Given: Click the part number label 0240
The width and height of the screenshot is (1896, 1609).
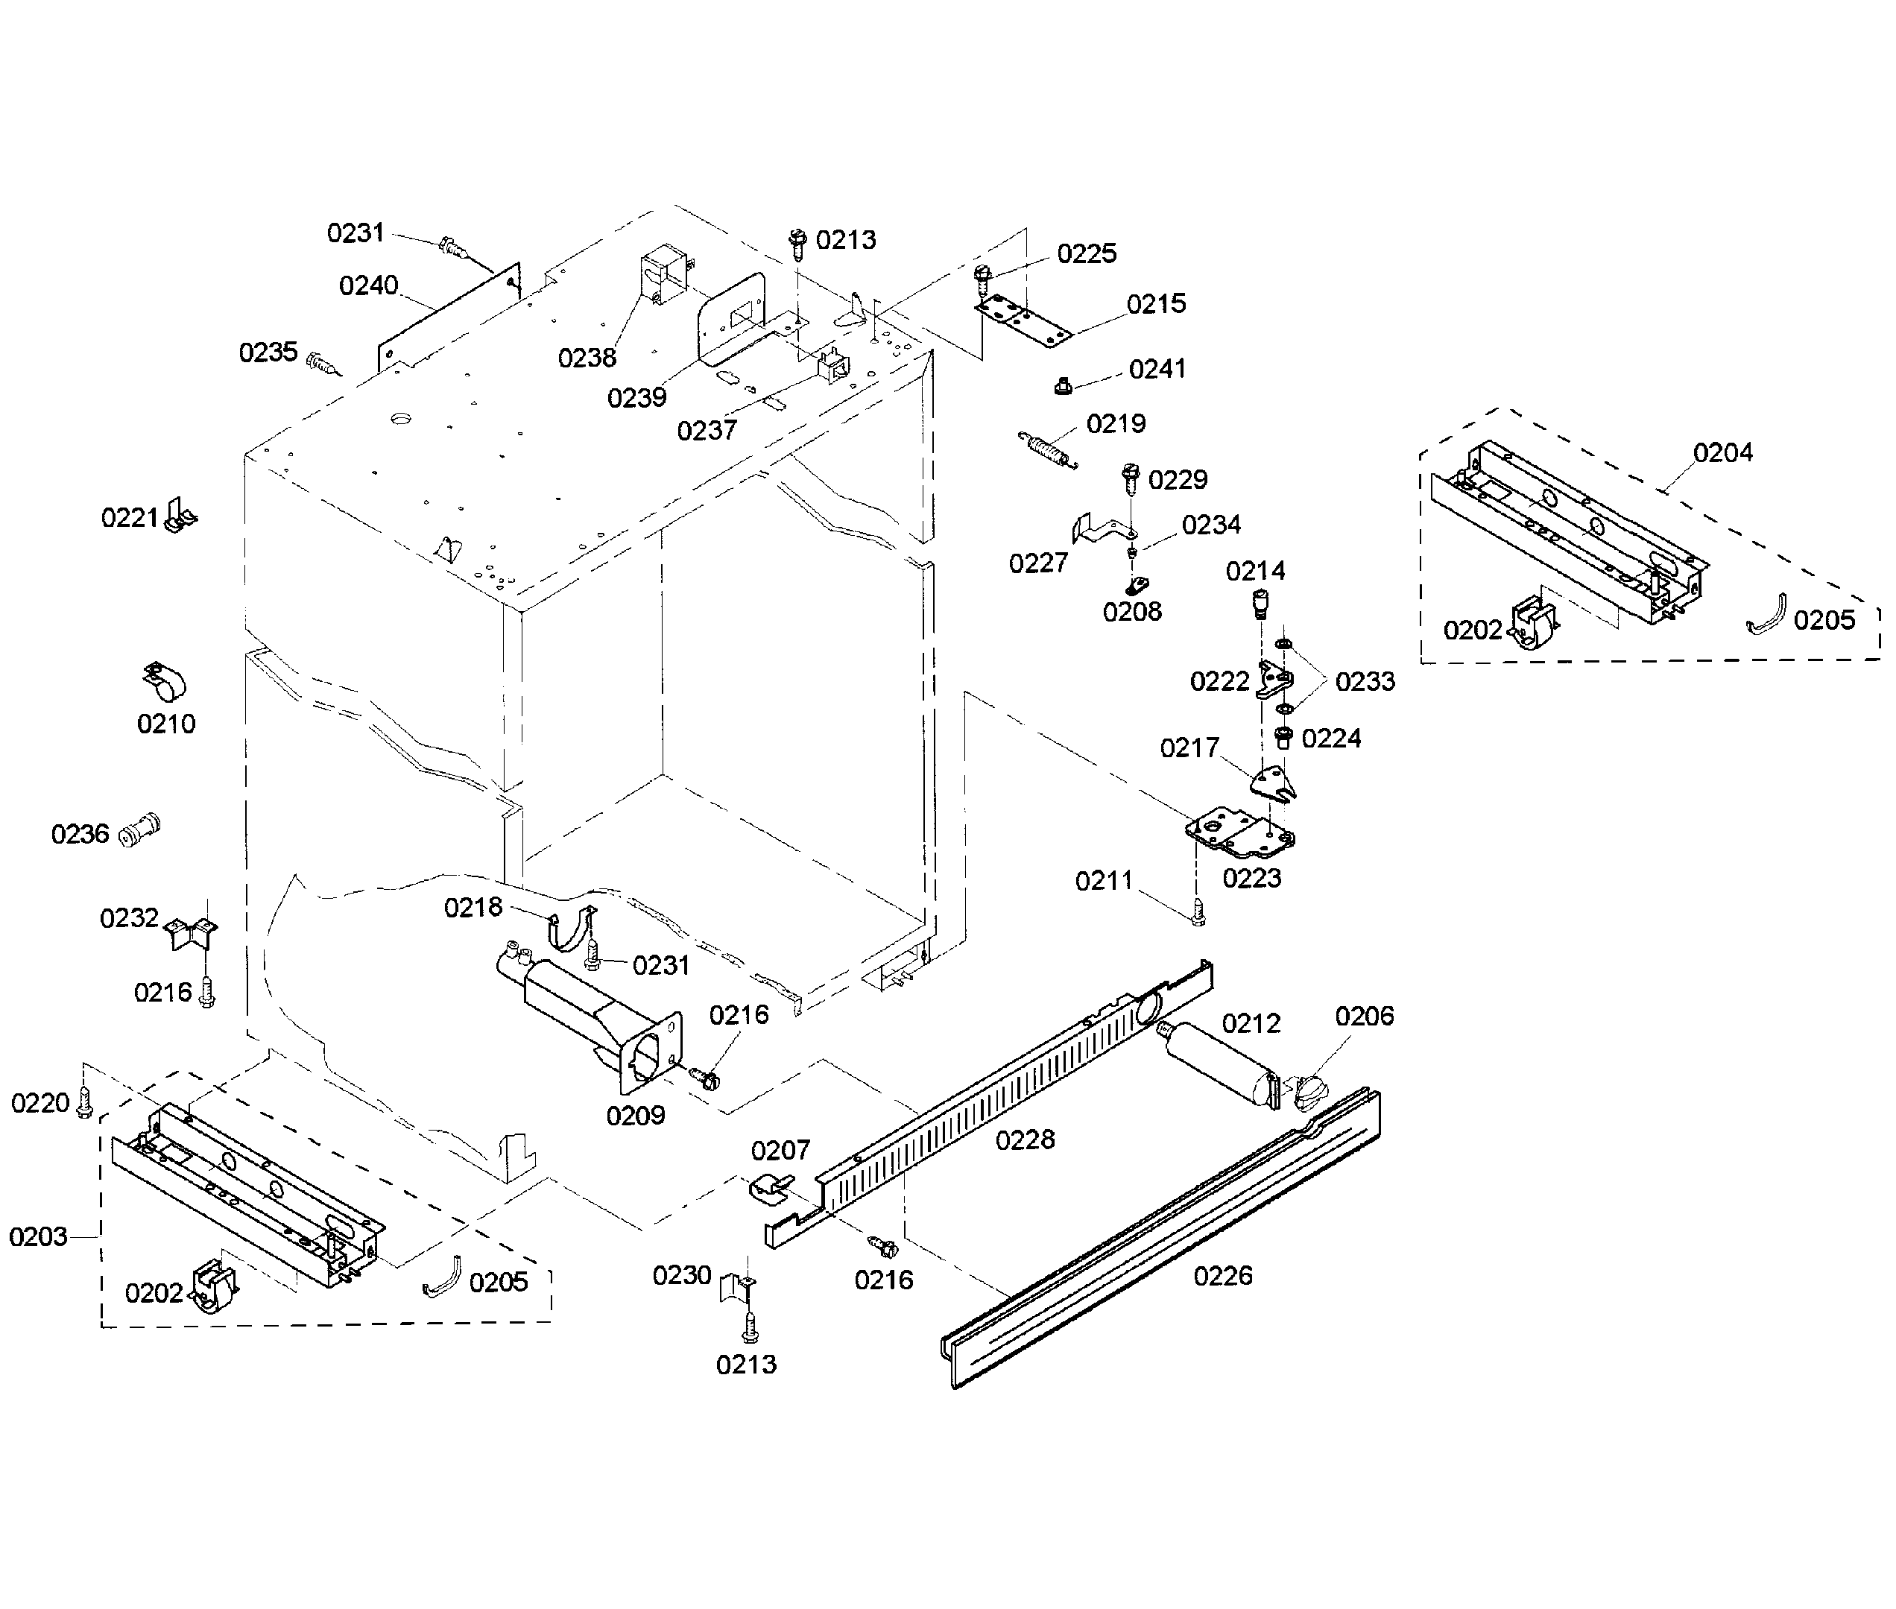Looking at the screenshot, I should click(x=368, y=286).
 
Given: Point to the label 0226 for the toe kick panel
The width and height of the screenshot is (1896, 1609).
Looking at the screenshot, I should click(x=1222, y=1275).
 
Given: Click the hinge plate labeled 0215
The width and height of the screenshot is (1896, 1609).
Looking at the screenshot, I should click(x=1025, y=321).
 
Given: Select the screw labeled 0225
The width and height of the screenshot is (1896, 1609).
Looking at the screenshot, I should click(x=982, y=276).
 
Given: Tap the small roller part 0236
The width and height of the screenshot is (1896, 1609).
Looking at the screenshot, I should click(x=139, y=829).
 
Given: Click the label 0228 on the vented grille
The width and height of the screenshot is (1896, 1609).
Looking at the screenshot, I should click(x=1024, y=1139).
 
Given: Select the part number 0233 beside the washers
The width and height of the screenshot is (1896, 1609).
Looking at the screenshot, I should click(x=1365, y=681).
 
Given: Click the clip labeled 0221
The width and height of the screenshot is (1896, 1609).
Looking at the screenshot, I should click(x=180, y=517).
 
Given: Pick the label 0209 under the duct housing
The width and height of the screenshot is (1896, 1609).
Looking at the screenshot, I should click(x=636, y=1115).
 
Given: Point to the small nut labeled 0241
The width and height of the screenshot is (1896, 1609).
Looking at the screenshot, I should click(x=1061, y=386).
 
